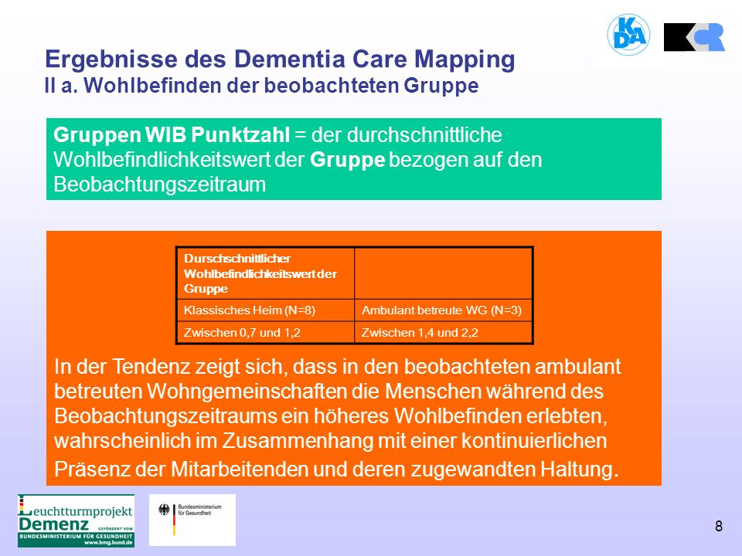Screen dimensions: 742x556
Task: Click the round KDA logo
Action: coord(628,34)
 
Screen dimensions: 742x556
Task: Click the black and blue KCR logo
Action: coord(694,37)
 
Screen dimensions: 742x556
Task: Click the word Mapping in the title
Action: coord(465,60)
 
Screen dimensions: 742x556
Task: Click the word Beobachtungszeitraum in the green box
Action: coord(160,184)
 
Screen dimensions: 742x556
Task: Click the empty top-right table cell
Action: coord(444,273)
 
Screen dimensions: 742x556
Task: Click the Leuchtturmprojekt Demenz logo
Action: coord(76,520)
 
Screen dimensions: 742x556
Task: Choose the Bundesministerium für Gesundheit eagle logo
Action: coord(192,520)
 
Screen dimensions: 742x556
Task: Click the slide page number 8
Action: coord(718,526)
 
